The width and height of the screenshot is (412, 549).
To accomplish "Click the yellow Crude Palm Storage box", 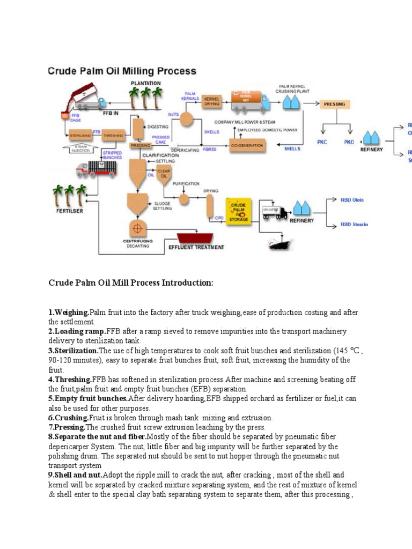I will point(238,212).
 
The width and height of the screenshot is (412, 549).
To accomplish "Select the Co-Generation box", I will point(247,145).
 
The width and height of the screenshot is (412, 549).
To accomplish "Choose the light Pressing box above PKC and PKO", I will point(334,104).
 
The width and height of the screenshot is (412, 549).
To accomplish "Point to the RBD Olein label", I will point(352,200).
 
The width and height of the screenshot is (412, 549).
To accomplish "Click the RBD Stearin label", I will point(354,225).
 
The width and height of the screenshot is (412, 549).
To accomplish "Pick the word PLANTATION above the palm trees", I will point(145,83).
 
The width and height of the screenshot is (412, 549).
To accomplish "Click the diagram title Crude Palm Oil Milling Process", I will point(123,71).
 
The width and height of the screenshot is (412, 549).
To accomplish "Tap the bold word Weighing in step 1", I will point(69,312).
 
